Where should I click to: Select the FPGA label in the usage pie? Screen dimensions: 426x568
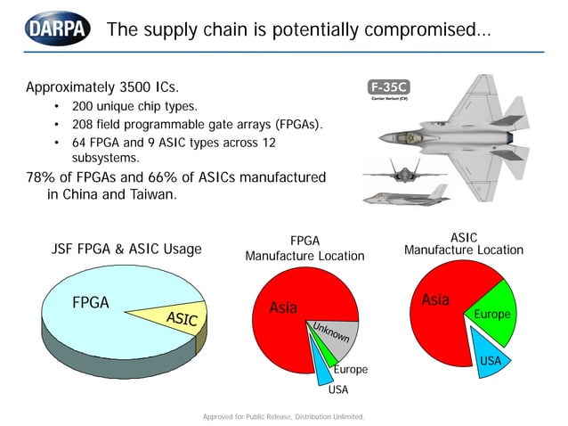click(90, 303)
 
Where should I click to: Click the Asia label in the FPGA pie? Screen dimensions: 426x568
click(282, 308)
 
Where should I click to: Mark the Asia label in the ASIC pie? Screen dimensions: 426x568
click(434, 299)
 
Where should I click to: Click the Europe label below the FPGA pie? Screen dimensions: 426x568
click(350, 369)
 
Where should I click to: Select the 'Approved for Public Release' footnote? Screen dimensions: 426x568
click(284, 415)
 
